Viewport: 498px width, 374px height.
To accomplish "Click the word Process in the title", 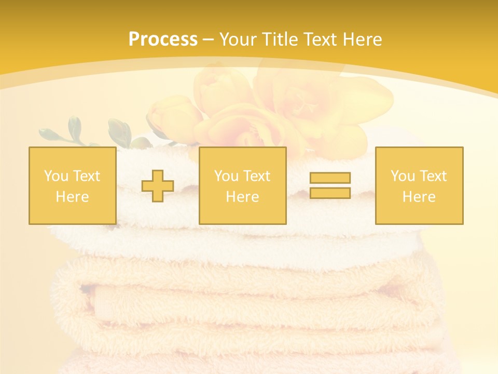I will coord(163,39).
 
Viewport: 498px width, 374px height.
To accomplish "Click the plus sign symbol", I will coord(158,186).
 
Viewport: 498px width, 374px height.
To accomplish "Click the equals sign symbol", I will coord(330,185).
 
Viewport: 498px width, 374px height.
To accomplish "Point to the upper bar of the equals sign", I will coord(330,178).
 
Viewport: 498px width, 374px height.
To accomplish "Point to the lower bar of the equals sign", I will coord(330,193).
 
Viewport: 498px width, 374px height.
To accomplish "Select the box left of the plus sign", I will coord(73,185).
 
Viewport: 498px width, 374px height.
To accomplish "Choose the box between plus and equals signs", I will coord(242,185).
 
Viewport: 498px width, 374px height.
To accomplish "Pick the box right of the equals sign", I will coord(419,185).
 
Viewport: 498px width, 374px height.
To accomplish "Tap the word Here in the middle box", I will coord(242,197).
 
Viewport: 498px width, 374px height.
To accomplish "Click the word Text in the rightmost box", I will coord(433,176).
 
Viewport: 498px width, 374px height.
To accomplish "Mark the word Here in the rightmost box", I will coord(419,197).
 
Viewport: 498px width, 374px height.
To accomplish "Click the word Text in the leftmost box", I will coord(86,176).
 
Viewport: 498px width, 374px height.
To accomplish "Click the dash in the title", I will coord(208,40).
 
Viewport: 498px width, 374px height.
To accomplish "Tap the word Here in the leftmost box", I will coord(73,197).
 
